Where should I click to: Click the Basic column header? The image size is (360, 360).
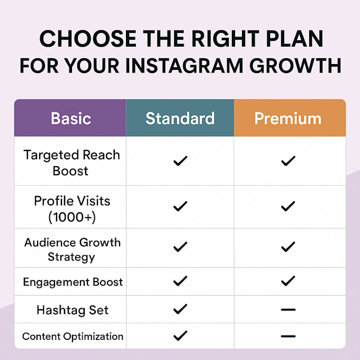click(71, 119)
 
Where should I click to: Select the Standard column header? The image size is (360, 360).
click(180, 119)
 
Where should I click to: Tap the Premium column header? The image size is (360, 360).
click(288, 119)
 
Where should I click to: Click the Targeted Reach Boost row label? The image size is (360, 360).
click(71, 163)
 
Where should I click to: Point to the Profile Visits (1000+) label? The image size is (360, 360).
click(72, 209)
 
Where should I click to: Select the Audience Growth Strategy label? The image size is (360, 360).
click(73, 249)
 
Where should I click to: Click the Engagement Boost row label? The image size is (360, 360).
click(73, 282)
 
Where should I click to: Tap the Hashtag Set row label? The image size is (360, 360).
click(73, 310)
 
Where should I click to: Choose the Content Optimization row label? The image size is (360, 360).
click(73, 337)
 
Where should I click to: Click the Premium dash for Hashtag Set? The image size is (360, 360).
click(288, 310)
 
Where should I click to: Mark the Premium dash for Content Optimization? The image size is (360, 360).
click(288, 336)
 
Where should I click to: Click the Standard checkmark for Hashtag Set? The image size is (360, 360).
click(180, 309)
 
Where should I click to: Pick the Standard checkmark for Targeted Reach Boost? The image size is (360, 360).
click(180, 161)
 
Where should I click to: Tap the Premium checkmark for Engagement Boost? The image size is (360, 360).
click(288, 281)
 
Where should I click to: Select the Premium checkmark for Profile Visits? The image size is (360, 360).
click(288, 206)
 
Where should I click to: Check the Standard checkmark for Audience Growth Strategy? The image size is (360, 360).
click(180, 247)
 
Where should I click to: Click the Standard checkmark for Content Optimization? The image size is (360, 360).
click(180, 336)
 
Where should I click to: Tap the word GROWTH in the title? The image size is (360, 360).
click(295, 66)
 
